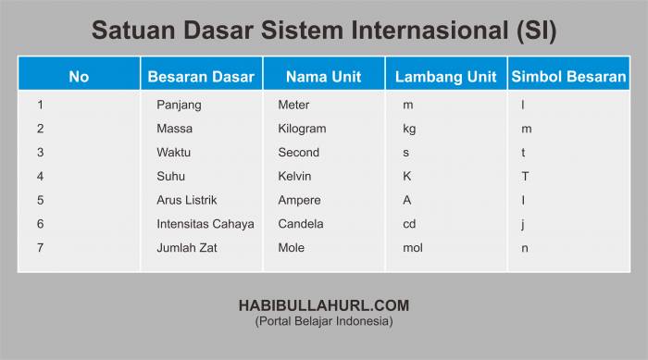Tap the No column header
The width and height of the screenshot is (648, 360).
click(79, 77)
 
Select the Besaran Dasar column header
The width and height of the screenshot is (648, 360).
click(201, 77)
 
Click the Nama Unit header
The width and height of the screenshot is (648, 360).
click(324, 77)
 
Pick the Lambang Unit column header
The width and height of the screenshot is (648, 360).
click(445, 77)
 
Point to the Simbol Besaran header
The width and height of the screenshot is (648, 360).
click(568, 77)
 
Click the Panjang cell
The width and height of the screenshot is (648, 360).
click(179, 106)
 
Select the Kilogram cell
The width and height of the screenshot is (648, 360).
click(302, 129)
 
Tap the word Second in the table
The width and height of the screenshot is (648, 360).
click(299, 152)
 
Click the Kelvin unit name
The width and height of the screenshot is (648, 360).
click(294, 176)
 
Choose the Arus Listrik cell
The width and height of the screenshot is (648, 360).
click(187, 200)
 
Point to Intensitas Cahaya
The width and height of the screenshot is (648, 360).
click(206, 224)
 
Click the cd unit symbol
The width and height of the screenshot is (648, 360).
click(409, 224)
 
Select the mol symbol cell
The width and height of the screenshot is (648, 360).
click(413, 248)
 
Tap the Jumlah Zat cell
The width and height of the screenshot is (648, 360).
click(187, 248)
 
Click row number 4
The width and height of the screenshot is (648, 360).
click(40, 177)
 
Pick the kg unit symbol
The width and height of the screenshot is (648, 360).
click(409, 130)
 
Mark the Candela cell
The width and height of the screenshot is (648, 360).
click(301, 224)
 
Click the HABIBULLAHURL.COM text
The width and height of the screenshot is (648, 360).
click(324, 305)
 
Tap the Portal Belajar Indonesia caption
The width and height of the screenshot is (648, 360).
click(324, 321)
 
